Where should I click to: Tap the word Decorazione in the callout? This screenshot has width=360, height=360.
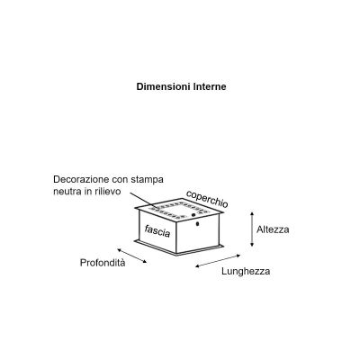[81, 179]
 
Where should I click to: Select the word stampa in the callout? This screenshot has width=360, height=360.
[148, 180]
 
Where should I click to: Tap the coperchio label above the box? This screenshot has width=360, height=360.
[207, 199]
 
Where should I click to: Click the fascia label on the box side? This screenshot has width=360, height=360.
[157, 230]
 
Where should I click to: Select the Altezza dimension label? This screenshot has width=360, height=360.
[273, 229]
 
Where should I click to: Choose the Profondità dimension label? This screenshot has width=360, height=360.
[103, 263]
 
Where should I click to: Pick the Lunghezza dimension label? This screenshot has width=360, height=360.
[246, 272]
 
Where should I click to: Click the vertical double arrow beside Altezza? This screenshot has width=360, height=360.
[252, 229]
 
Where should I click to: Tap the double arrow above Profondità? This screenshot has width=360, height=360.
[132, 256]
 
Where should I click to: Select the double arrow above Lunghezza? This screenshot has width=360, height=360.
[218, 261]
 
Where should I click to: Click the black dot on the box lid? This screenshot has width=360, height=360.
[193, 215]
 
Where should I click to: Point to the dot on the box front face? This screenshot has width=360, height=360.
[197, 224]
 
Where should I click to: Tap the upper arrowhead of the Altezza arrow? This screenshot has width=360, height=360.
[252, 213]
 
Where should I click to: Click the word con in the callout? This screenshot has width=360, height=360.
[120, 180]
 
